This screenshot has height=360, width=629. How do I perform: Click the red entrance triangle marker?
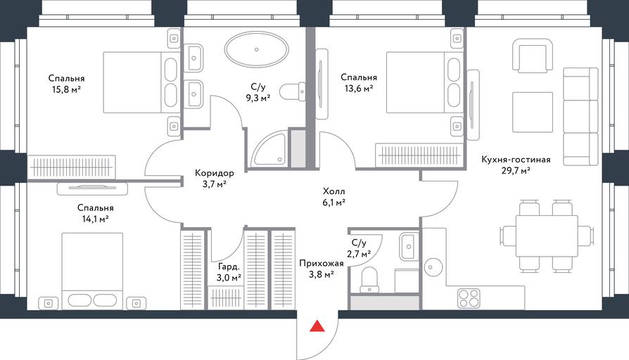click(x=317, y=326)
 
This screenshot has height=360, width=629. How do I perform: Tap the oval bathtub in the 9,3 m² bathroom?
click(x=256, y=50)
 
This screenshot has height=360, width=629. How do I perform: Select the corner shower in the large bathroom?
click(x=269, y=150)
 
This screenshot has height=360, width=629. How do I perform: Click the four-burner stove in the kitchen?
click(x=469, y=298)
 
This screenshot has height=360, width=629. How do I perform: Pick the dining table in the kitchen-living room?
click(x=547, y=235)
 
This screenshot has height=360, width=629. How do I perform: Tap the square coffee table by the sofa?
click(x=533, y=112)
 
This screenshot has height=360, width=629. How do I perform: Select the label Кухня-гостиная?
click(x=516, y=160)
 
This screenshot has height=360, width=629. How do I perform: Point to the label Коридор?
click(x=214, y=173)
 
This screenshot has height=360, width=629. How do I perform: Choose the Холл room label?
click(x=333, y=191)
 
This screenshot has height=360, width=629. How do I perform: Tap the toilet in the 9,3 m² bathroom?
click(x=293, y=92)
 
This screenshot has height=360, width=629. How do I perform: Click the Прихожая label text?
click(x=322, y=264)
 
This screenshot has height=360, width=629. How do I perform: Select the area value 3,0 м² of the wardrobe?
click(x=229, y=277)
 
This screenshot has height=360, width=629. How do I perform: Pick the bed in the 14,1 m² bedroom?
click(x=92, y=271)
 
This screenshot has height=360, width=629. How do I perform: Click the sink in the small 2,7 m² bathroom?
click(x=409, y=247)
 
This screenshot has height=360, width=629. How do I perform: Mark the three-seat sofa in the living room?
click(x=580, y=116)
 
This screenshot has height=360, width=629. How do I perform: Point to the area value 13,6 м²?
click(x=359, y=89)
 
